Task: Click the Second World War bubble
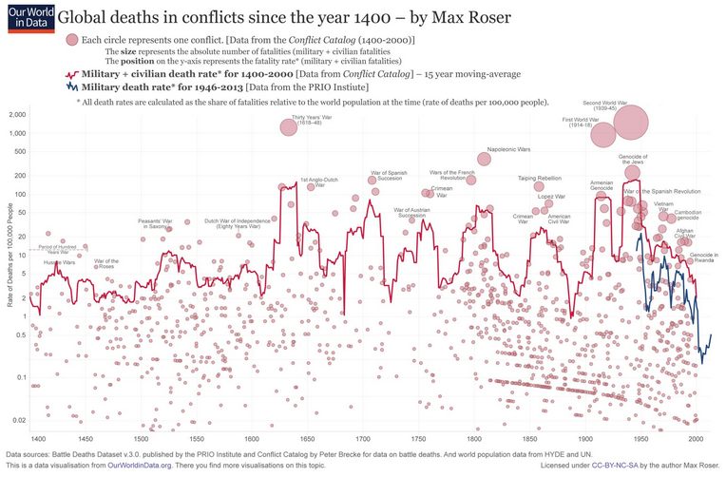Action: click(630, 124)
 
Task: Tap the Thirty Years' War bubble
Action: click(290, 127)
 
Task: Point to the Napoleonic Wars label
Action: click(509, 150)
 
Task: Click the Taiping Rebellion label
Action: click(540, 178)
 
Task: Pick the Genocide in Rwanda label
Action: click(703, 258)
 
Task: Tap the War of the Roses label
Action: click(106, 263)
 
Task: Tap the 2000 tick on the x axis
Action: click(695, 438)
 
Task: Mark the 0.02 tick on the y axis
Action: click(18, 420)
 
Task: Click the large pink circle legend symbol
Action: click(71, 39)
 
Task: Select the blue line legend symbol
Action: click(71, 86)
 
